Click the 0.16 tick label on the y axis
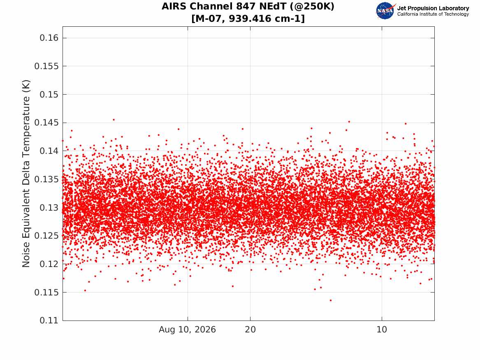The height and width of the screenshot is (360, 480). [x=49, y=38]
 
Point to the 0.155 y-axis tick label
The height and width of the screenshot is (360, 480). [x=46, y=66]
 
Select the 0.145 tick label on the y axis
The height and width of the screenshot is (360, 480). [x=46, y=123]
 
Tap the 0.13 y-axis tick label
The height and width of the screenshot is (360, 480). [x=49, y=207]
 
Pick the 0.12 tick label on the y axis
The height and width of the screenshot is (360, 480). [x=49, y=264]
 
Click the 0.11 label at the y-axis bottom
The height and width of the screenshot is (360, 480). [x=49, y=320]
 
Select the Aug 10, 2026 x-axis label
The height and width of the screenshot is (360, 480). [x=187, y=330]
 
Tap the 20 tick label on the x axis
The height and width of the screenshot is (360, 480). [x=250, y=330]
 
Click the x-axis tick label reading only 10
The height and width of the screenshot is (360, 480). [x=382, y=330]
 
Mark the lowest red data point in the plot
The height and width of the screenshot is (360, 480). [x=331, y=300]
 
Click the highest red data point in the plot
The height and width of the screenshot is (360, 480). [x=114, y=120]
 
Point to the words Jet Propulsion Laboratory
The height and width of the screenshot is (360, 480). [x=433, y=8]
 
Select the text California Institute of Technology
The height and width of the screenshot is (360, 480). [x=433, y=14]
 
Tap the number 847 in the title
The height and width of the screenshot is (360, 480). [x=245, y=6]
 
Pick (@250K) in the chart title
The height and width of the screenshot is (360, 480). [x=312, y=7]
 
